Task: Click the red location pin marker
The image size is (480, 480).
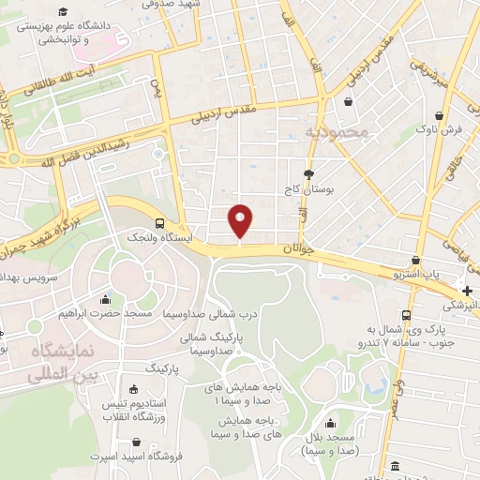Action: [241, 219]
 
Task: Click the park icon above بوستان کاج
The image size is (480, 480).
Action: [308, 174]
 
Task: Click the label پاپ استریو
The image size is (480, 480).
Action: [417, 275]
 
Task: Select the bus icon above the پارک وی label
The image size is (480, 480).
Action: [406, 315]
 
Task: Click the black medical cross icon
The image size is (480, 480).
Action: [467, 291]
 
